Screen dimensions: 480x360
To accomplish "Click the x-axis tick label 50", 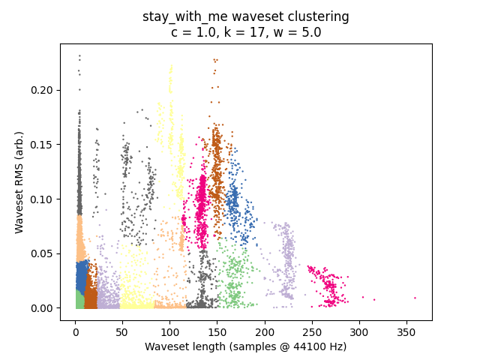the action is coord(121,332).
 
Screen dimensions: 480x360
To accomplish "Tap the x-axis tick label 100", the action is coord(170,332).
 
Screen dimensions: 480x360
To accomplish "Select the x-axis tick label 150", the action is coord(217,332).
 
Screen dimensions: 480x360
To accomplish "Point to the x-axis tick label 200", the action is coord(265,332).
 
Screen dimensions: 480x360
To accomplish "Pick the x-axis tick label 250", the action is coord(312,332).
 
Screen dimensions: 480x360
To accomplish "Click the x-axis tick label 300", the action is coord(359,332).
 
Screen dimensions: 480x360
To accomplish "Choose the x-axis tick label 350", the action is coord(406,332).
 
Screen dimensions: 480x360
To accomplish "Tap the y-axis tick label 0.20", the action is coord(41,90).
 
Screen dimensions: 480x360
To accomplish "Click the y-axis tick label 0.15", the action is coord(41,145).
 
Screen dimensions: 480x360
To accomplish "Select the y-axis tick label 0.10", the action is coord(41,199).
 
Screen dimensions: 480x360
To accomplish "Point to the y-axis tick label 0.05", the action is coord(41,253).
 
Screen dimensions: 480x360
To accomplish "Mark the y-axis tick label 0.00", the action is coord(41,308).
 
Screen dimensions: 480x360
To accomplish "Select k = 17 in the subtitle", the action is coord(244,32).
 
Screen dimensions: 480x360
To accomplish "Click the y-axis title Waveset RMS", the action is coord(19,195).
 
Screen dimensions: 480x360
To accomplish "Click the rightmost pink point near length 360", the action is coord(415,298).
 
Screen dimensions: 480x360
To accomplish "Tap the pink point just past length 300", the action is coord(363,297).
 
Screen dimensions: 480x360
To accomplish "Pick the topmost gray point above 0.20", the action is coord(79,56).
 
